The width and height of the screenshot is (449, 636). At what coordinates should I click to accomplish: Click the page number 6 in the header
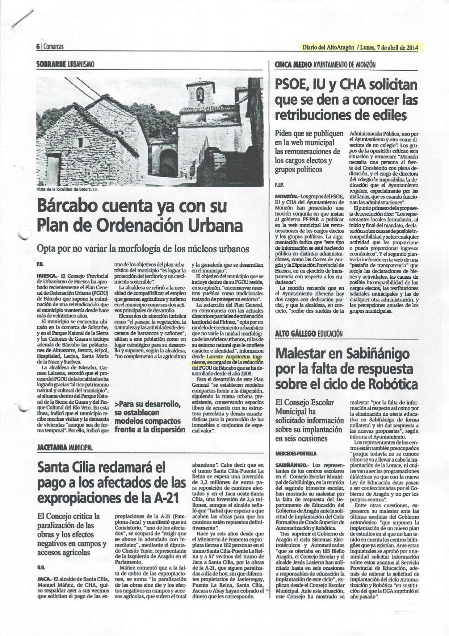click(38, 47)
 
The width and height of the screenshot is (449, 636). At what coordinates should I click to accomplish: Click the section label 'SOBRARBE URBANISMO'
click(65, 64)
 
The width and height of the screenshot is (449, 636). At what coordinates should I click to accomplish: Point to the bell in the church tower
click(200, 95)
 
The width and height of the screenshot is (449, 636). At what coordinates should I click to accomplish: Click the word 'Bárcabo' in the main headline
click(67, 206)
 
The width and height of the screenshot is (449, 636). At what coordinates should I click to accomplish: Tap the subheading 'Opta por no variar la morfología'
click(143, 249)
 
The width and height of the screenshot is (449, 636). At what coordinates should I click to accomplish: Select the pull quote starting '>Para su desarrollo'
click(150, 417)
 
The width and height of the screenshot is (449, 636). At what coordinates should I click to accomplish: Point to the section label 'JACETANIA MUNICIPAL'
click(64, 448)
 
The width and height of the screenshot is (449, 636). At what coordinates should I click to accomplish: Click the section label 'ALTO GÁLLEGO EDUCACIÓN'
click(309, 333)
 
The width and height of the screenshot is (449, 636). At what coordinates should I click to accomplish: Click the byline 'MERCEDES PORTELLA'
click(296, 453)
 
